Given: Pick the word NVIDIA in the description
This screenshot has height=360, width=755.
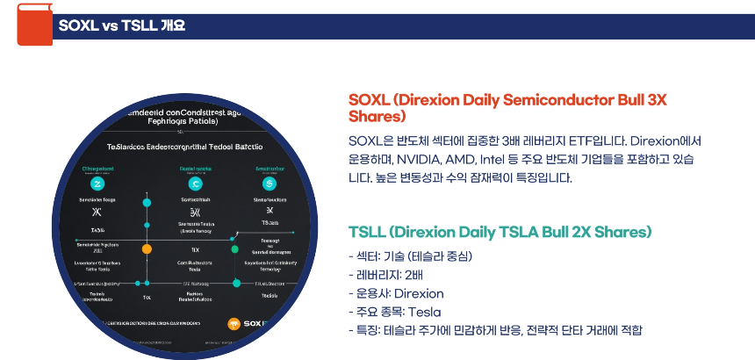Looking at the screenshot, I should point(420,160).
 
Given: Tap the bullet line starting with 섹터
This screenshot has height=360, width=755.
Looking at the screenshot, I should point(410,256).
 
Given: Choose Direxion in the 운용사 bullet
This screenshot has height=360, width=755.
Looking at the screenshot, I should point(419,293).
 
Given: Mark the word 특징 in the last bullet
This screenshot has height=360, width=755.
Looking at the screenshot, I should point(364,330).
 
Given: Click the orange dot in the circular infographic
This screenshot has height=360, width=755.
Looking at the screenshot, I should point(147,248).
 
